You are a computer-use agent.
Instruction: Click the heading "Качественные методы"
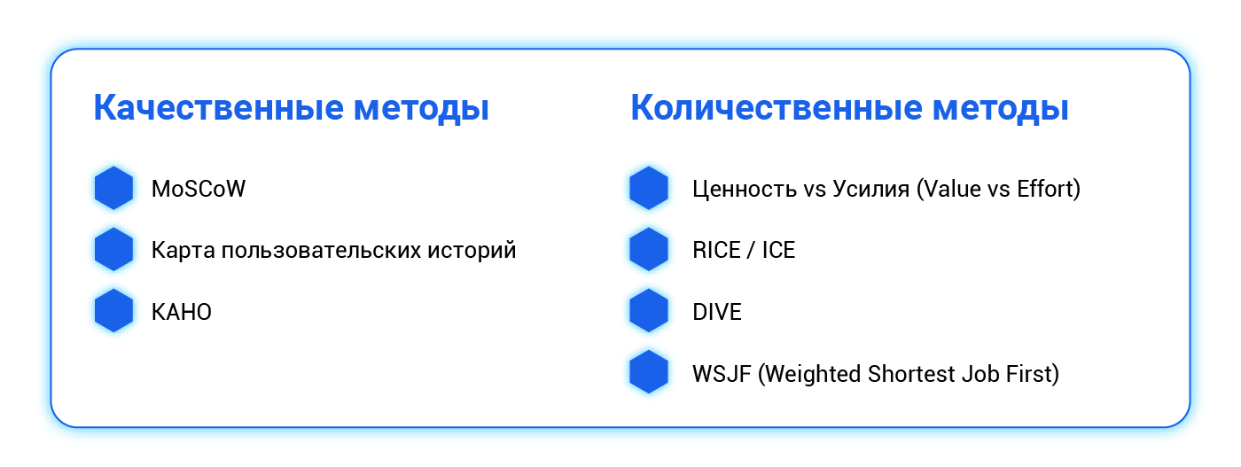point(292,109)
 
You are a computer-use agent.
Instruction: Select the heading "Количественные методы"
point(849,109)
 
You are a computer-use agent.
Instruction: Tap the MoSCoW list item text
point(199,189)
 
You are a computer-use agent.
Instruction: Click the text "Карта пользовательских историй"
point(333,250)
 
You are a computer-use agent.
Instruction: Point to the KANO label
point(182,312)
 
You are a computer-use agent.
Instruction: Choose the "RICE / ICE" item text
point(744,250)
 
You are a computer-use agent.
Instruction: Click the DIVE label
point(717,312)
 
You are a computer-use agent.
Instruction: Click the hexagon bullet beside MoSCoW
point(113,189)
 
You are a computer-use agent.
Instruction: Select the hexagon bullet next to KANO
point(113,311)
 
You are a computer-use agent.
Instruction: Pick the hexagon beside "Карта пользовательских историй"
point(113,250)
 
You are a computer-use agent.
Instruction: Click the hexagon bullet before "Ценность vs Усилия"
point(649,189)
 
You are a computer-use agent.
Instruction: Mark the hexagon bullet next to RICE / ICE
point(649,250)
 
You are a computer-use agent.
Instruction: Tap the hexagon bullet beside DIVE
point(649,311)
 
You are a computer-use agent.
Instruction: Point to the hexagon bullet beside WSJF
point(649,373)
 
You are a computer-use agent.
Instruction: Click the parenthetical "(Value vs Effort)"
point(998,189)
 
